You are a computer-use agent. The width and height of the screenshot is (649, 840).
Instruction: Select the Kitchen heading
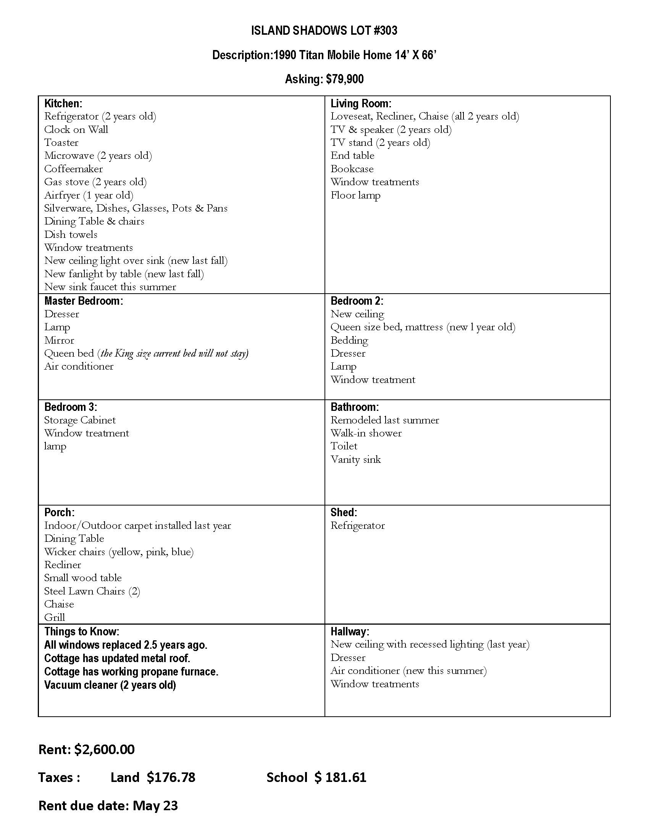coord(63,103)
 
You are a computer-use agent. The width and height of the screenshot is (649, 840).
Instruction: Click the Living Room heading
coord(361,103)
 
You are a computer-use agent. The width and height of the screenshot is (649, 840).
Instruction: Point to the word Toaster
coord(61,143)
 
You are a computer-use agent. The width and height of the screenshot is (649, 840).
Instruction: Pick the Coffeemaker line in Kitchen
coord(73,169)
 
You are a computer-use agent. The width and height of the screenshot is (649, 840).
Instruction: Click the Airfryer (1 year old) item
coord(89,195)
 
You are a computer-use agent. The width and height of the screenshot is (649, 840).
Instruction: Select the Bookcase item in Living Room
coord(352,169)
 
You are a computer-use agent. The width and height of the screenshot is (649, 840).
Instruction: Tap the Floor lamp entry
coord(355,195)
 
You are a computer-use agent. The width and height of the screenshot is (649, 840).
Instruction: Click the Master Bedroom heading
coord(84,301)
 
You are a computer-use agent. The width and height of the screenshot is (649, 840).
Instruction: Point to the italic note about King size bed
coord(173,354)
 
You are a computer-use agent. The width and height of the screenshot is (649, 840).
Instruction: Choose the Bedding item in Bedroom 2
coord(349,340)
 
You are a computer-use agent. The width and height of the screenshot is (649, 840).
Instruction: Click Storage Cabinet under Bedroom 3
coord(79,420)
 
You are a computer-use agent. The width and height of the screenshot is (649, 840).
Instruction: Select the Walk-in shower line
coord(366,433)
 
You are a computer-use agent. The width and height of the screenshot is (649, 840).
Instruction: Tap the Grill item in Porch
coord(55,617)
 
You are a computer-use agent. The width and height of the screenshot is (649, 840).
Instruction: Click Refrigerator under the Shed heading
coord(358,525)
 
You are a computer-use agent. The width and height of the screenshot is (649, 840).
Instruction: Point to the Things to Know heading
coord(82,632)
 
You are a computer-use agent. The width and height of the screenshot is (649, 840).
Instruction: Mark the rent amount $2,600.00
coord(105,749)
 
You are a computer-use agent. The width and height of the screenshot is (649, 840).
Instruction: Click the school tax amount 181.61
coord(345,777)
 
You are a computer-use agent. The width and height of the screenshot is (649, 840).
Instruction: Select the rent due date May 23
coord(155,805)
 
